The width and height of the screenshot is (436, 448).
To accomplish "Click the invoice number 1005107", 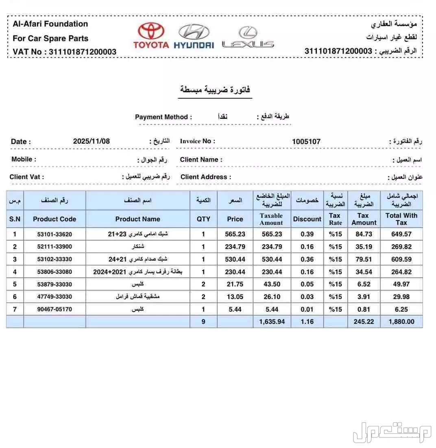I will point(306,142).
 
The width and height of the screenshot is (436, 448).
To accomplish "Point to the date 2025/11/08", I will point(92,142).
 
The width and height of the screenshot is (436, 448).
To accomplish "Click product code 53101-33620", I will point(54,234).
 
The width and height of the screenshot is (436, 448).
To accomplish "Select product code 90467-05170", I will point(54,309).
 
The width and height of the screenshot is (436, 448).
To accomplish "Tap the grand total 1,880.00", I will point(401,321).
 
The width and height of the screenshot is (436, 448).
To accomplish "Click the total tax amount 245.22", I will point(364,321).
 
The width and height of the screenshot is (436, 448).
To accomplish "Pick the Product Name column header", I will point(137,219).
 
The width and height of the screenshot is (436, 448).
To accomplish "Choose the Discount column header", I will point(307,219).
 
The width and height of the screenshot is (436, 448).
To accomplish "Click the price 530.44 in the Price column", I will point(235,259).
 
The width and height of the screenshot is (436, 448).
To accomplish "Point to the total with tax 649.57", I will point(401,234).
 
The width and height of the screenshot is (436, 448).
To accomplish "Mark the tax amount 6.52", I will point(364,284).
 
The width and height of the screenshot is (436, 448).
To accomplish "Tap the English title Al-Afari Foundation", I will point(50,24).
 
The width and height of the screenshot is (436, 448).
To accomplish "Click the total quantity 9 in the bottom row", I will point(203,321).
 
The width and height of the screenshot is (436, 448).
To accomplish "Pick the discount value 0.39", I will point(307,234).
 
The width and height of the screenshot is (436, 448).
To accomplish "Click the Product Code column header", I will point(54,219).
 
